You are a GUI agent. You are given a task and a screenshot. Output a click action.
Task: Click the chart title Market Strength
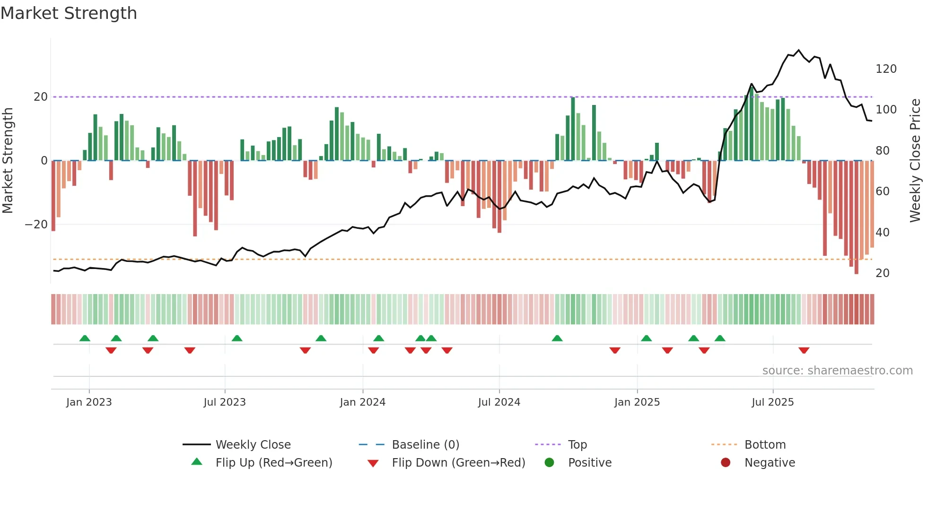[69, 13]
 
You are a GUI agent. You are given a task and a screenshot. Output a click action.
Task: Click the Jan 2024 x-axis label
[362, 402]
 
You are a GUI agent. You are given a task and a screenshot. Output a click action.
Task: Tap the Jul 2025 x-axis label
[772, 402]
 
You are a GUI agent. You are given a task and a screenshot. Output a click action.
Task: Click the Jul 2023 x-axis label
[225, 402]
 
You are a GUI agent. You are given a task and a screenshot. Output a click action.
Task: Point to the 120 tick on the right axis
[886, 69]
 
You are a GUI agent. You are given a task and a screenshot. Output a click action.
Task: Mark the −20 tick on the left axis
[36, 225]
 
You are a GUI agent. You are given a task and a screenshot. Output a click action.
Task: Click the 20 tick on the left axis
[41, 97]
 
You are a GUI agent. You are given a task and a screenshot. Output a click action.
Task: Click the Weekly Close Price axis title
[916, 161]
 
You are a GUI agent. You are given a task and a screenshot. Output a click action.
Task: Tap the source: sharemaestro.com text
[837, 371]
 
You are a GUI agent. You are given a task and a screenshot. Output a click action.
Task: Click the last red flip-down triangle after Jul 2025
[804, 350]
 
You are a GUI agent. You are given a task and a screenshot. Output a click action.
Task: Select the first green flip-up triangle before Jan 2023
[85, 338]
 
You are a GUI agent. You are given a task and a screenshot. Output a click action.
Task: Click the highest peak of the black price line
[799, 50]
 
